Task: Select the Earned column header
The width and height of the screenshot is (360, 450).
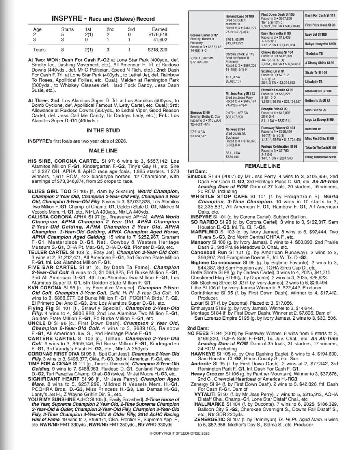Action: [160, 29]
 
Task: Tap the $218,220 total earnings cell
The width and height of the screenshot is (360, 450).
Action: [158, 50]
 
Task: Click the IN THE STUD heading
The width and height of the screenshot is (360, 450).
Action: [103, 130]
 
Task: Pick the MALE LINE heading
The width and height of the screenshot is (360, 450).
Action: [103, 150]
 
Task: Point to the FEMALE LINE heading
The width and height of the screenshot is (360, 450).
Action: [262, 166]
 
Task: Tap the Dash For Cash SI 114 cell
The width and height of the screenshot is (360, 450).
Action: [320, 15]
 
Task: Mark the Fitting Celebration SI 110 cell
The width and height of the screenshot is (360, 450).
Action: [320, 157]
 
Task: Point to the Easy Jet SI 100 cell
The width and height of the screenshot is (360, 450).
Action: [320, 34]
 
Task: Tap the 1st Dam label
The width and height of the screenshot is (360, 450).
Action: [197, 172]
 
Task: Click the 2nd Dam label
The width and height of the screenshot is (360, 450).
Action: [198, 328]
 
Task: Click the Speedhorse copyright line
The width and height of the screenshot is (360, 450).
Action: [180, 433]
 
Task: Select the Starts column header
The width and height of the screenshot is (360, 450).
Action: [67, 29]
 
